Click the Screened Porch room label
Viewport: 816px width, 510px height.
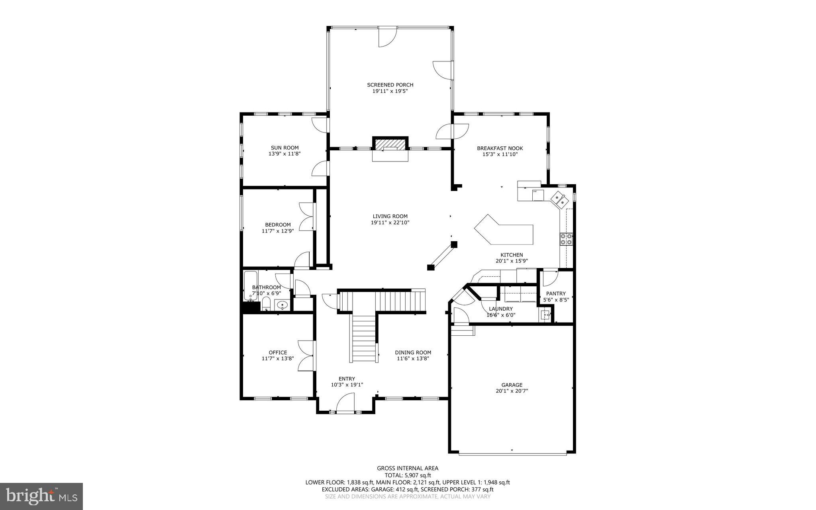(390, 85)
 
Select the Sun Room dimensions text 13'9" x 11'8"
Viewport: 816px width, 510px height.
(284, 154)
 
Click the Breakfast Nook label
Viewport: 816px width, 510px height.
(500, 148)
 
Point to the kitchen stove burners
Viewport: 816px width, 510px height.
(566, 238)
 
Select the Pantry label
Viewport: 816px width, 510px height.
(555, 293)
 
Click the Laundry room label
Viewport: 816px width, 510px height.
(501, 309)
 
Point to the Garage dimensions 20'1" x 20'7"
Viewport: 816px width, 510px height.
(512, 391)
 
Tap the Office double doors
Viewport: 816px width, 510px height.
(306, 356)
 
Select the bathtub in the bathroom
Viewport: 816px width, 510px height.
(250, 285)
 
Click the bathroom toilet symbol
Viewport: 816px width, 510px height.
(266, 305)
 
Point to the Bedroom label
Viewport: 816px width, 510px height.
(278, 224)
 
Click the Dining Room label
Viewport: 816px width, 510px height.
(413, 352)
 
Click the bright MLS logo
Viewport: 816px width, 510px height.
(41, 496)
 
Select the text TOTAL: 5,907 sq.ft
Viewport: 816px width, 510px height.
(408, 475)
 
